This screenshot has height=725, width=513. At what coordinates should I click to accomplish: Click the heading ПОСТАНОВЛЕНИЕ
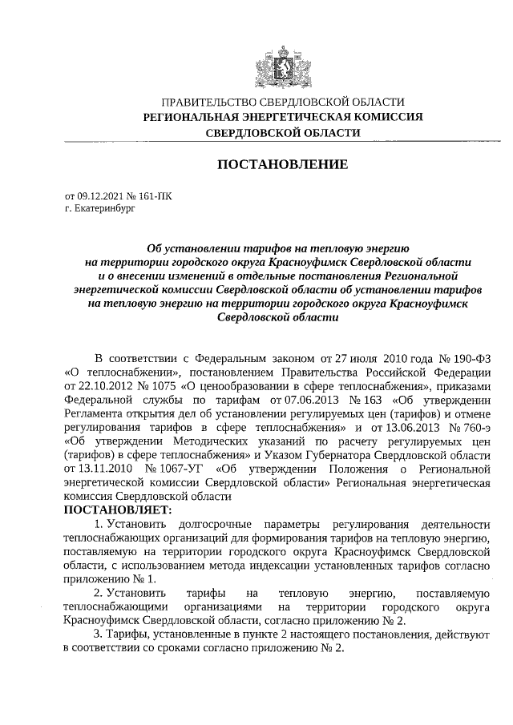pyautogui.click(x=283, y=164)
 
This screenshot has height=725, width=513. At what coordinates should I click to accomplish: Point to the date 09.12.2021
pyautogui.click(x=100, y=195)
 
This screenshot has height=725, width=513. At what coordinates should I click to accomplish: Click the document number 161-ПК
pyautogui.click(x=153, y=195)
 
